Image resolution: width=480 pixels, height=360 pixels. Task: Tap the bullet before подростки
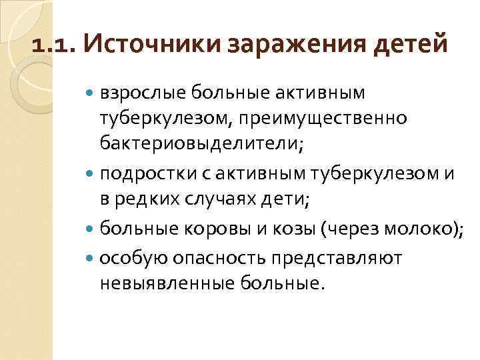(91, 175)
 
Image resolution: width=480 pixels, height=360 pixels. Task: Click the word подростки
(141, 175)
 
